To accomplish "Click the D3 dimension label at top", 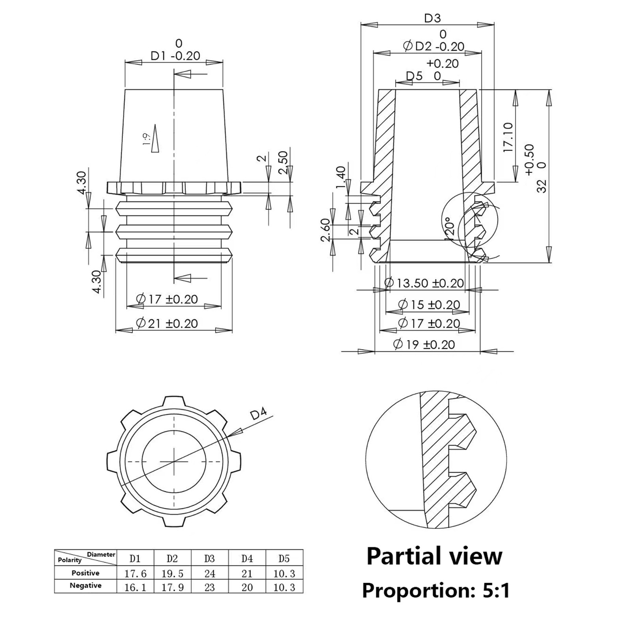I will click(x=432, y=18).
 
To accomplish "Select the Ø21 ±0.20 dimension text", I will click(x=167, y=324).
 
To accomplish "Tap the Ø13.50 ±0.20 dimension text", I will click(x=424, y=283).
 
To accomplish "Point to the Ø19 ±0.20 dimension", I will click(x=424, y=345).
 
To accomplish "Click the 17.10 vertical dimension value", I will click(x=508, y=137).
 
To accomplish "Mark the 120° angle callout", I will click(x=450, y=228).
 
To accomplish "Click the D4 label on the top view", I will click(x=258, y=414).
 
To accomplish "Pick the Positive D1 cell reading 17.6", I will click(x=135, y=573).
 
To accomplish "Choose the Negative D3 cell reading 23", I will click(x=209, y=587).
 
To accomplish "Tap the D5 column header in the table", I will click(x=284, y=558).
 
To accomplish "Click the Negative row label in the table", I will click(x=85, y=586).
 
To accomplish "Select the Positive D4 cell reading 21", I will click(x=247, y=573).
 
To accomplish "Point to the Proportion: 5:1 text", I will click(x=435, y=590).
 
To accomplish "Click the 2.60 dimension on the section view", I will click(x=325, y=230).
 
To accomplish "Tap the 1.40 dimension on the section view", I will click(x=341, y=178).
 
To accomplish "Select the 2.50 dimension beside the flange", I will click(x=283, y=162).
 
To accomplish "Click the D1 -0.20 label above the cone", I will click(x=175, y=56).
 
